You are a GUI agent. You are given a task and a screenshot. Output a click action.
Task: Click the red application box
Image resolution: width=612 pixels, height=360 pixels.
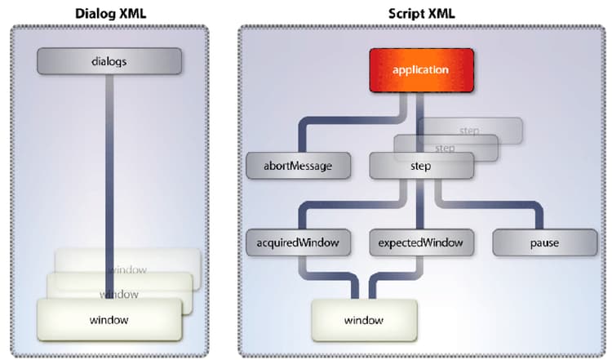click(421, 69)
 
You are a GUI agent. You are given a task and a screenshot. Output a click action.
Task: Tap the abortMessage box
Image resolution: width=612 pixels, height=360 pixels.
click(299, 166)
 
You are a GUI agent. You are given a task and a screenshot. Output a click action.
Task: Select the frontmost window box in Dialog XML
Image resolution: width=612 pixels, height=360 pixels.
click(109, 319)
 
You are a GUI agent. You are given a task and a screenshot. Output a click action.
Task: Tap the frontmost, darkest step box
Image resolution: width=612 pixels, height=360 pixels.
click(421, 166)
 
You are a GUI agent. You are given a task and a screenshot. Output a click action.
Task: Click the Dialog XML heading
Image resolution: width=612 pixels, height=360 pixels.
click(109, 13)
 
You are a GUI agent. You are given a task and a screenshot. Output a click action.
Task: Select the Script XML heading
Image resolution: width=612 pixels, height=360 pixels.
click(422, 13)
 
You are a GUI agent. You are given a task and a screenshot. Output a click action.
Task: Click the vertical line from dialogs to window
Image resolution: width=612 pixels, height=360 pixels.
click(109, 163)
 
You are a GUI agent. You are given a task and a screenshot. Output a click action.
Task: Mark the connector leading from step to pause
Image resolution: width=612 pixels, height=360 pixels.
click(498, 203)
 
